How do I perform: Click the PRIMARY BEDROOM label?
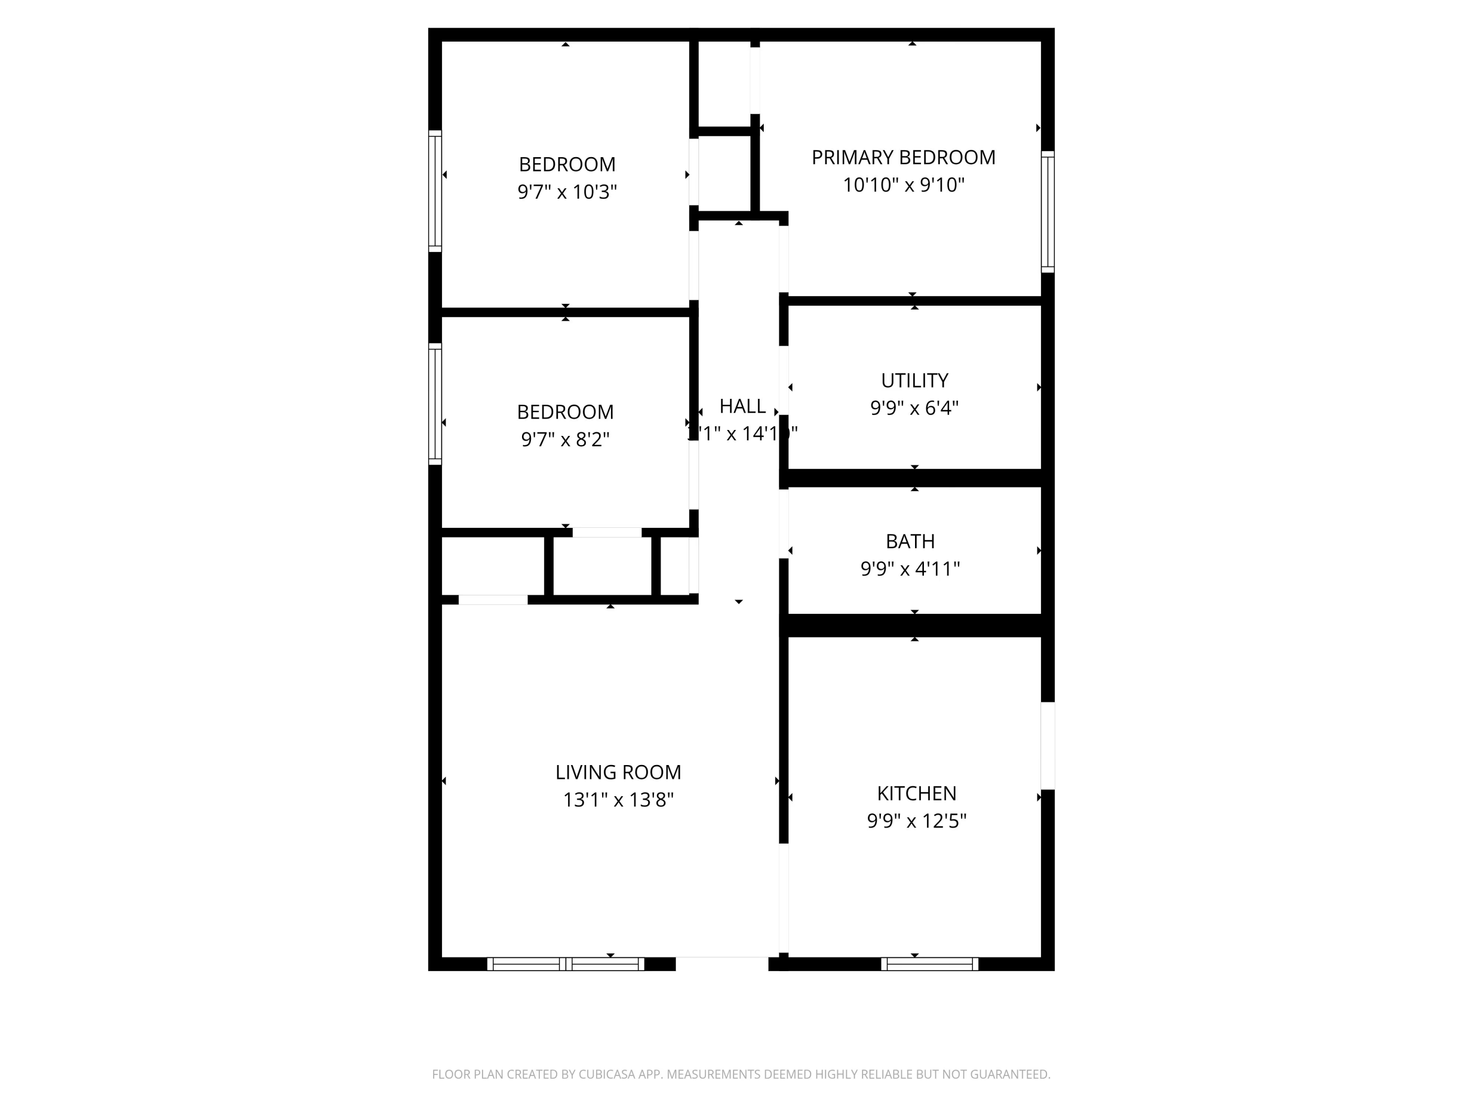[903, 158]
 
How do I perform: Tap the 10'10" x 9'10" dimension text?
[903, 185]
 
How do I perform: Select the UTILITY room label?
[915, 381]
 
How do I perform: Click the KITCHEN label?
[916, 794]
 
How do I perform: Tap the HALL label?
[742, 406]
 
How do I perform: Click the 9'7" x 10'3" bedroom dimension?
[567, 192]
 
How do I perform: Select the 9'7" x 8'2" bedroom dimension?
[565, 440]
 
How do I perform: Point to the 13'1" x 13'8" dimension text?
[618, 800]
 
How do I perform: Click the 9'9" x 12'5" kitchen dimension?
[916, 821]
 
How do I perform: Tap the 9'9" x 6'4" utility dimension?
[915, 408]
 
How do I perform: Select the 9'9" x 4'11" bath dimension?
[910, 569]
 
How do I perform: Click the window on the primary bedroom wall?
[1047, 212]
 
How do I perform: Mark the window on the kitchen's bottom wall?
[929, 964]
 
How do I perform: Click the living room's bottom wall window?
[565, 964]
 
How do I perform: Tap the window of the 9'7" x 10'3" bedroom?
[435, 191]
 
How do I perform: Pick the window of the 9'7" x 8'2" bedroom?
[435, 404]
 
